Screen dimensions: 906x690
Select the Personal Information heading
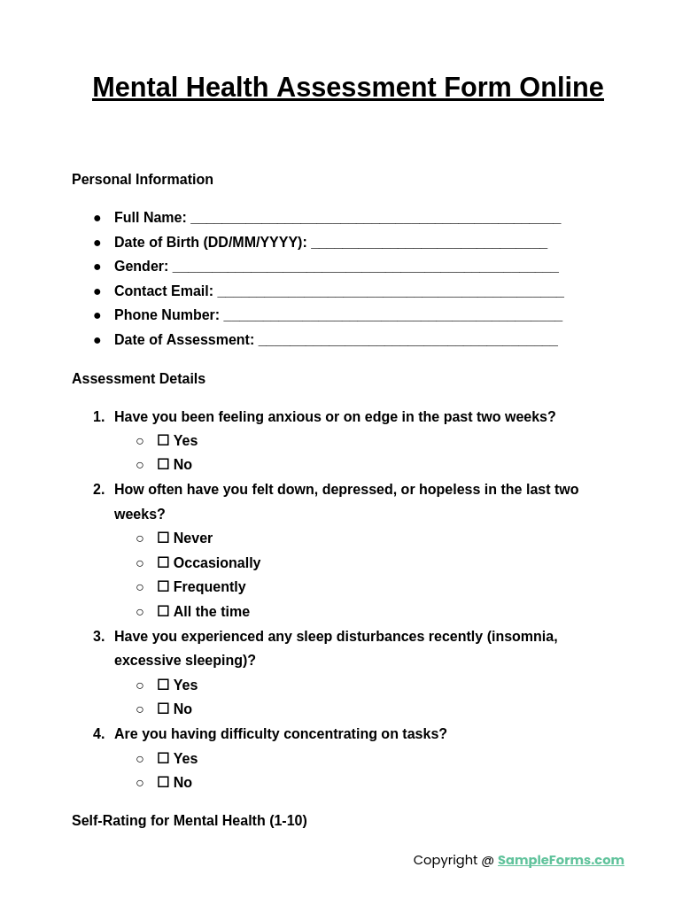pyautogui.click(x=143, y=180)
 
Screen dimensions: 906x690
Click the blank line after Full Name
pyautogui.click(x=376, y=219)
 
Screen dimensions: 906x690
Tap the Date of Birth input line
pyautogui.click(x=429, y=244)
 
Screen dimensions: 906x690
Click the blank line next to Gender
pyautogui.click(x=365, y=267)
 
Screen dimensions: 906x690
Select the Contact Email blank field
pyautogui.click(x=390, y=292)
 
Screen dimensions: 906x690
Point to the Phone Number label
pyautogui.click(x=167, y=315)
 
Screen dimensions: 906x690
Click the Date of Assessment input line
pyautogui.click(x=407, y=341)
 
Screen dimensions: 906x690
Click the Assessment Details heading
pyautogui.click(x=138, y=379)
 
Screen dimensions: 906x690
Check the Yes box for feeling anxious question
pyautogui.click(x=163, y=440)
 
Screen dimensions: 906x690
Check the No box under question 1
pyautogui.click(x=163, y=464)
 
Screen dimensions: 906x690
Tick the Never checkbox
pyautogui.click(x=163, y=538)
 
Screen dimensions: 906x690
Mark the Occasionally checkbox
pyautogui.click(x=163, y=562)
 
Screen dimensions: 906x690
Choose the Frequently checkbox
pyautogui.click(x=163, y=586)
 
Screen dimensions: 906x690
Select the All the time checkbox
pyautogui.click(x=163, y=611)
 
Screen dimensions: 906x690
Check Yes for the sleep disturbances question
pyautogui.click(x=163, y=685)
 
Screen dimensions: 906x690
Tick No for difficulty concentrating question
pyautogui.click(x=163, y=782)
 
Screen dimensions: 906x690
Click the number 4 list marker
pyautogui.click(x=98, y=734)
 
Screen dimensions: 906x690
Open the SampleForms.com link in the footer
pyautogui.click(x=561, y=860)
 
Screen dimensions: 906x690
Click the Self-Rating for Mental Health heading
pyautogui.click(x=190, y=821)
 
